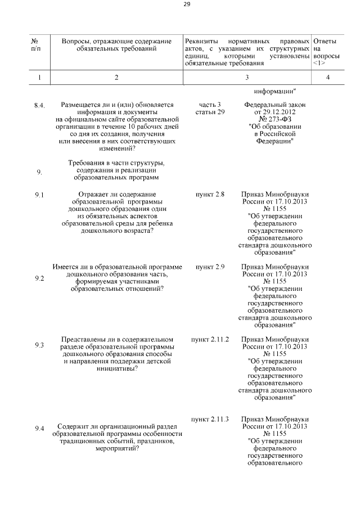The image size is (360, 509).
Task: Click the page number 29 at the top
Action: click(x=187, y=5)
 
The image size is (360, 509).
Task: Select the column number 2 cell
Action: click(x=116, y=78)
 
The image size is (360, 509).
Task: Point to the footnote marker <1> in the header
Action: click(x=319, y=64)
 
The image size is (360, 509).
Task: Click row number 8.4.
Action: click(x=39, y=105)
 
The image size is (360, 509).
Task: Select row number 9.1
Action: click(x=39, y=195)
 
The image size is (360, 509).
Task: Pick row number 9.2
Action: click(x=39, y=278)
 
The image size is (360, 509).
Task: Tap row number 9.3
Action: click(x=39, y=345)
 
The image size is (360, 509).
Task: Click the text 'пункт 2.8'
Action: click(x=210, y=195)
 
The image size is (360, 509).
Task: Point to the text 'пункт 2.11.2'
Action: click(x=210, y=340)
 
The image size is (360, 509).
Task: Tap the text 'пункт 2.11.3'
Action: click(x=210, y=420)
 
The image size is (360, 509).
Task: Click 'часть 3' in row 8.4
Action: click(x=210, y=105)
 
